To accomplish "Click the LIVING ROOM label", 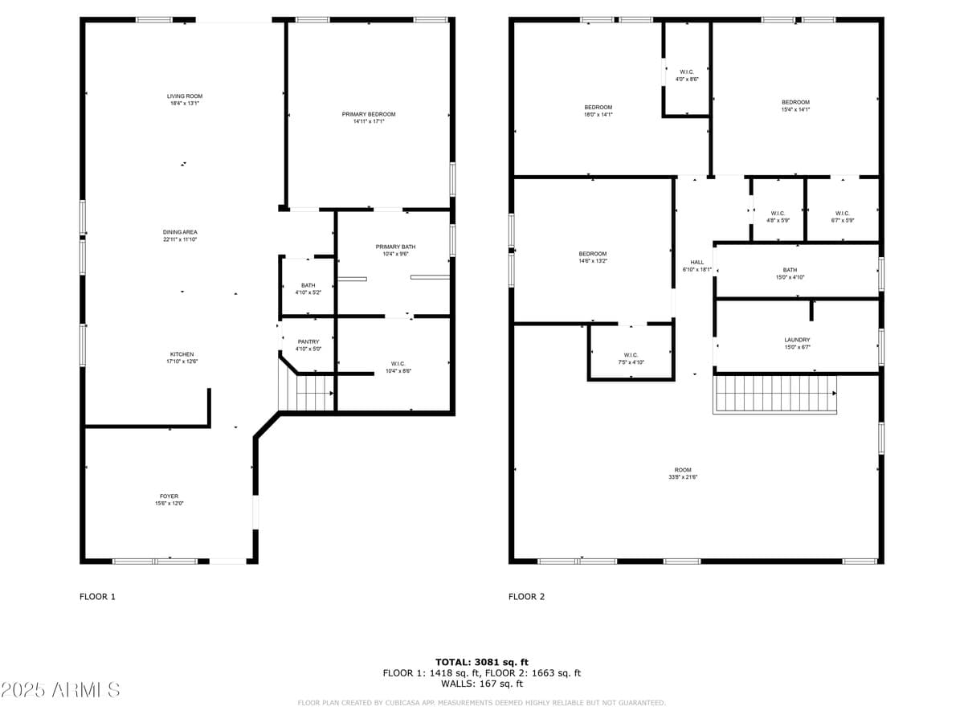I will click(184, 96).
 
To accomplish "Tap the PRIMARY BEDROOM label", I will click(369, 114).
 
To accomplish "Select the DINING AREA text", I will click(181, 232).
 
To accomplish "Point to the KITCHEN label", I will click(182, 354).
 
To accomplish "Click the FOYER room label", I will click(169, 496).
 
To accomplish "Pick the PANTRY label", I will click(308, 341).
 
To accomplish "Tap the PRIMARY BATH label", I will click(395, 247).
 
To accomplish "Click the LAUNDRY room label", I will click(797, 340).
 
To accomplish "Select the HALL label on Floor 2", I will click(696, 262).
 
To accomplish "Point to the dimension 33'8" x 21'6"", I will click(683, 477).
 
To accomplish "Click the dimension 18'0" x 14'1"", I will click(598, 115).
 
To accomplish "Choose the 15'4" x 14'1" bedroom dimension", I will click(795, 109).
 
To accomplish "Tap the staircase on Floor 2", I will click(774, 394).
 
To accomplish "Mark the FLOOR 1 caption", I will click(97, 597).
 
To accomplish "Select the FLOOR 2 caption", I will click(526, 597).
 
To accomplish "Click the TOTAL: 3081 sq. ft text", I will click(482, 662).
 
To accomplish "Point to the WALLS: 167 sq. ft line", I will click(482, 684).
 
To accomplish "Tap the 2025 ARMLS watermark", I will click(60, 689).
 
